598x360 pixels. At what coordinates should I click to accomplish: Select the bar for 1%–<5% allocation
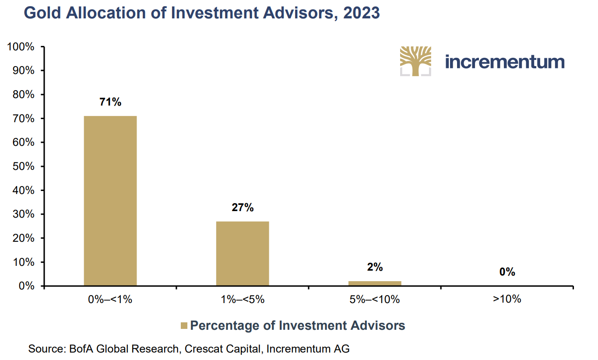[x=243, y=254]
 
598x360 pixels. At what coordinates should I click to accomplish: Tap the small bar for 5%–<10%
[x=375, y=283]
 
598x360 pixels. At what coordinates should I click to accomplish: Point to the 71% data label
[x=110, y=102]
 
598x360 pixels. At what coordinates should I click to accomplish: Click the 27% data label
[x=243, y=208]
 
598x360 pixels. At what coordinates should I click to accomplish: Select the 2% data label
[x=375, y=267]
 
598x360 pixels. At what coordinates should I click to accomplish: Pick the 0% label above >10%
[x=507, y=272]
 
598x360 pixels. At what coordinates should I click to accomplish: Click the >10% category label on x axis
[x=507, y=300]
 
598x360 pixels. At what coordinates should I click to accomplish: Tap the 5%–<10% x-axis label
[x=375, y=300]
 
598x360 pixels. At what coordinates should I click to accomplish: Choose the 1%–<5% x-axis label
[x=243, y=300]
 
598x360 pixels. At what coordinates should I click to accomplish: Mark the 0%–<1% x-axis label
[x=110, y=300]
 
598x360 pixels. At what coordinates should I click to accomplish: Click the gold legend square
[x=184, y=326]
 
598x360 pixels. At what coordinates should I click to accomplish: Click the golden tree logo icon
[x=415, y=61]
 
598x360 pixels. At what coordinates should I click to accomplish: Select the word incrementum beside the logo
[x=505, y=62]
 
